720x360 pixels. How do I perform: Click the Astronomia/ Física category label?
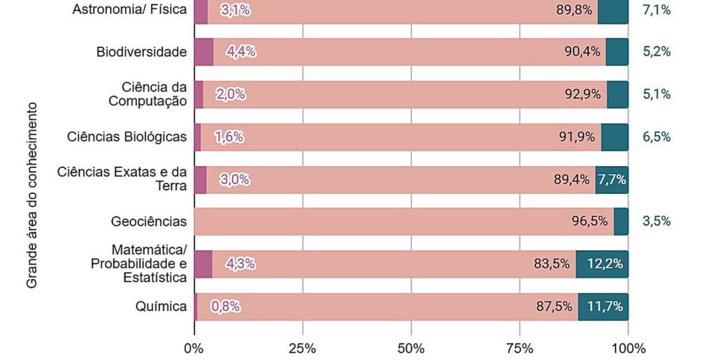pos(129,10)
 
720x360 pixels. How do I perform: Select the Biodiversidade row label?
pos(141,52)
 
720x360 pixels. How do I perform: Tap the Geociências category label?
pos(148,221)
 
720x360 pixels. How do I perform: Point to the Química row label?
pos(161,307)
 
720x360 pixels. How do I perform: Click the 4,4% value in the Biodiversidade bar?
pos(240,52)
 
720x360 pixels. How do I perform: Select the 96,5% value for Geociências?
pos(589,221)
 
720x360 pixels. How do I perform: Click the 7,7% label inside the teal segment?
pos(612,179)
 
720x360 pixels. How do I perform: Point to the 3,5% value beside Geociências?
pos(656,221)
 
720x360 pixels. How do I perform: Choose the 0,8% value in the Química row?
pos(225,307)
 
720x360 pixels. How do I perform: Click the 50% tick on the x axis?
pos(411,348)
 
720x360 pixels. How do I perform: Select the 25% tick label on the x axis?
pos(302,348)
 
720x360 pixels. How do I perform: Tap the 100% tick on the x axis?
pos(628,348)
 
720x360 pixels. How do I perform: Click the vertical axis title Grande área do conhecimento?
pos(32,197)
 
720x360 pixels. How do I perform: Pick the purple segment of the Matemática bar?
pos(202,264)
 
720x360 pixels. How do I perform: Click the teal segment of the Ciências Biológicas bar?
pos(615,137)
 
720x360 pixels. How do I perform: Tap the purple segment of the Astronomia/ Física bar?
pos(200,11)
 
